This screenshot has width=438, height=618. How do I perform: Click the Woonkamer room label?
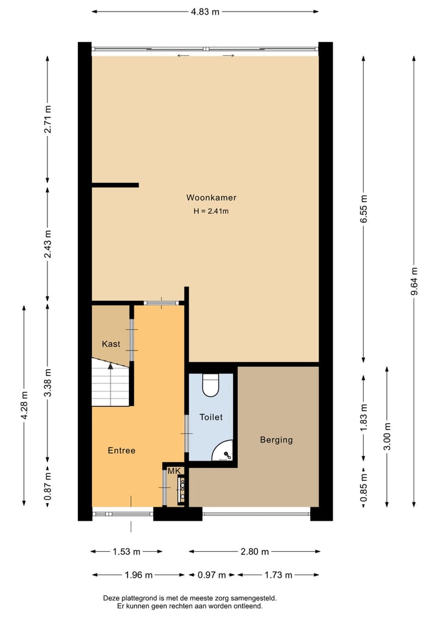(211, 197)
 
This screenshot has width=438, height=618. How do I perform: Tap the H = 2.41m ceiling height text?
(211, 211)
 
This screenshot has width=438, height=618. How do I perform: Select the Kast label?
(111, 344)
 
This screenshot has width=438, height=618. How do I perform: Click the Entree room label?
(121, 450)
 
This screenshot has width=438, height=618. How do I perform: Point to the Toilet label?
(211, 417)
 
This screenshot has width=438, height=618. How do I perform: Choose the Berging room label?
(276, 440)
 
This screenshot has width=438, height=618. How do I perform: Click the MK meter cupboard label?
(174, 472)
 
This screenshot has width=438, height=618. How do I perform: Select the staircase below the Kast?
(111, 383)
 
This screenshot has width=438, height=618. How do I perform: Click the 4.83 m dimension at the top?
(206, 12)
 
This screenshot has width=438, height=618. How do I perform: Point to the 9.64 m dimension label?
(414, 281)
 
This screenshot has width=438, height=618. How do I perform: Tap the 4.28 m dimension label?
(24, 405)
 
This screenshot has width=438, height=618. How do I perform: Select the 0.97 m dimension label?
(212, 575)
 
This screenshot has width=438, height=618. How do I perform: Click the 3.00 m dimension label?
(388, 436)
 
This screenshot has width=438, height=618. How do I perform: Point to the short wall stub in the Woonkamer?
(116, 185)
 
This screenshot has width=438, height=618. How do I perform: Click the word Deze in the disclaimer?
(113, 598)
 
